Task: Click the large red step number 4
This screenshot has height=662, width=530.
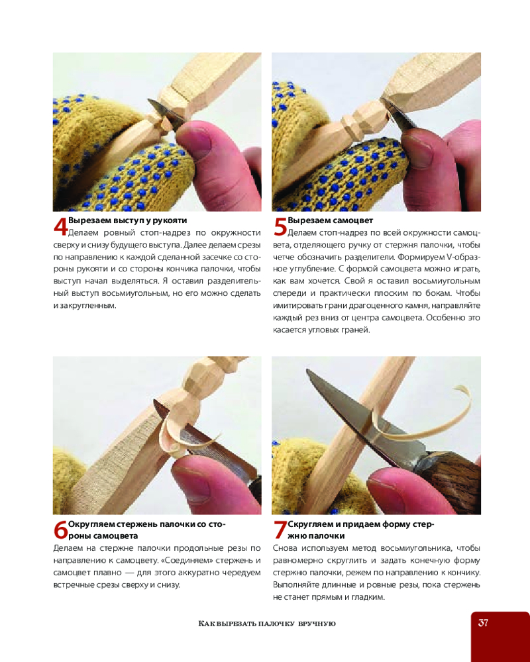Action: pos(60,227)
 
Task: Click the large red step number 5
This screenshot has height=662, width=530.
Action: pos(280,227)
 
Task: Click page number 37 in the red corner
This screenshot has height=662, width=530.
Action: pos(483,622)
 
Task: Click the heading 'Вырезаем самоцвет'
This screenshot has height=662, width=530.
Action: pos(330,220)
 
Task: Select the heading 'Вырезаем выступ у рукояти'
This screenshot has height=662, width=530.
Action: pos(127,220)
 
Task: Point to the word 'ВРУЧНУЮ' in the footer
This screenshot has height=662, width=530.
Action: pos(317,624)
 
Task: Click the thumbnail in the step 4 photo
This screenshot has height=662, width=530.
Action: pos(198,139)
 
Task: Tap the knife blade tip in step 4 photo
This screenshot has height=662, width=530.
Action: pos(148,100)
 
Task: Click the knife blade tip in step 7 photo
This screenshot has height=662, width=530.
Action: pos(308,371)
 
